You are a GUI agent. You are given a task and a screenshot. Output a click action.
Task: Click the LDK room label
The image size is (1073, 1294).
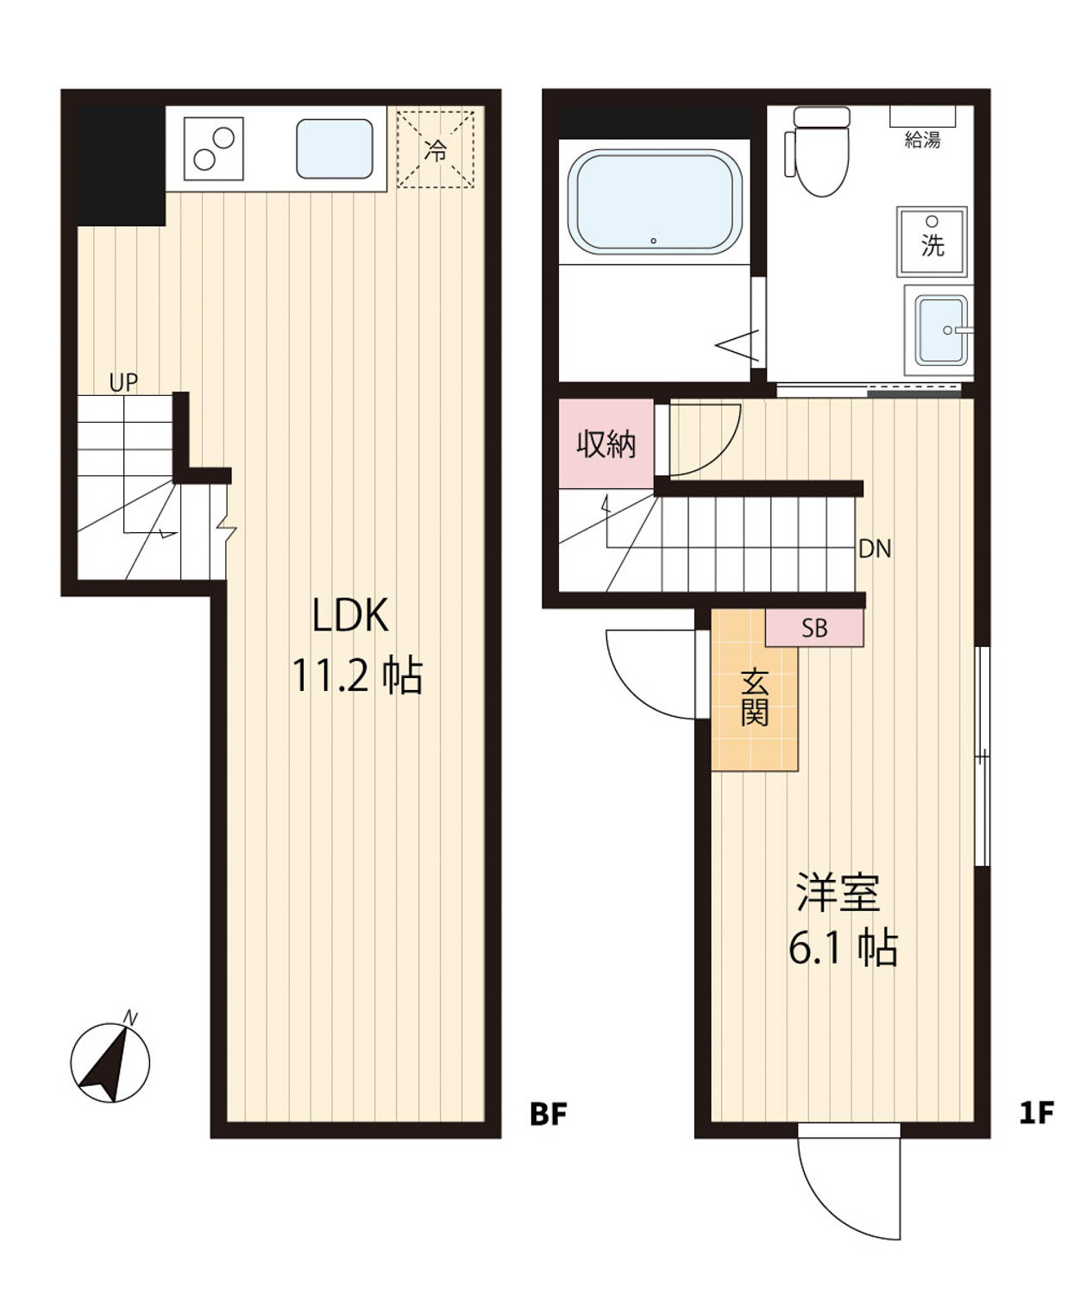click(x=351, y=615)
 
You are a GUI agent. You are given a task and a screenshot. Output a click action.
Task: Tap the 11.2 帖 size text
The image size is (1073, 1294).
click(x=357, y=675)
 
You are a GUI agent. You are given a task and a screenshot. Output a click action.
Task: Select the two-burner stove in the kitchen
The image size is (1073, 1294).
click(x=214, y=148)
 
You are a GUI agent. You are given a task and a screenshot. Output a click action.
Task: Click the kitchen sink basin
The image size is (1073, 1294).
click(x=335, y=148)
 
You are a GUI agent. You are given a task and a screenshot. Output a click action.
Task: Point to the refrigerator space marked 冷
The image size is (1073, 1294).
click(x=436, y=148)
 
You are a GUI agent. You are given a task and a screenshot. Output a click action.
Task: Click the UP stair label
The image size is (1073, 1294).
click(x=123, y=382)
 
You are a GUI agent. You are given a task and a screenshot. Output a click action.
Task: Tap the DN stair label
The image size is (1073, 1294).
click(x=875, y=549)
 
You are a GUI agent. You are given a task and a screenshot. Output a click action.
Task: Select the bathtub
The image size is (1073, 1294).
click(x=654, y=202)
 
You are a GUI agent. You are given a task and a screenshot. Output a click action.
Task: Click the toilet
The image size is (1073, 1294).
click(x=818, y=151)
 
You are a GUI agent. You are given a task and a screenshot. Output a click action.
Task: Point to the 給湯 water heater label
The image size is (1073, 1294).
click(x=922, y=140)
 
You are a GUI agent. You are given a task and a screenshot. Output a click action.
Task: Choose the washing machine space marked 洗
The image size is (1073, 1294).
click(x=932, y=242)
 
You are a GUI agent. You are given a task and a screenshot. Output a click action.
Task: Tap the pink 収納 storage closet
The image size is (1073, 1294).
click(x=606, y=443)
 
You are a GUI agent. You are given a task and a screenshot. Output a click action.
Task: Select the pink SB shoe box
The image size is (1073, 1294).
click(x=814, y=628)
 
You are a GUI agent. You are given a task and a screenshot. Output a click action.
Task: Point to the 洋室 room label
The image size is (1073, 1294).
click(x=838, y=893)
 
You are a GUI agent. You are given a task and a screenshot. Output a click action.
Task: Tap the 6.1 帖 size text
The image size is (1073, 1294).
click(x=843, y=947)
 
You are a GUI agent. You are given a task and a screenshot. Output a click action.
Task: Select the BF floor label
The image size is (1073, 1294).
click(x=549, y=1115)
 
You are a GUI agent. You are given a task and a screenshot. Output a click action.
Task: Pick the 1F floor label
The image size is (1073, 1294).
click(x=1037, y=1115)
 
